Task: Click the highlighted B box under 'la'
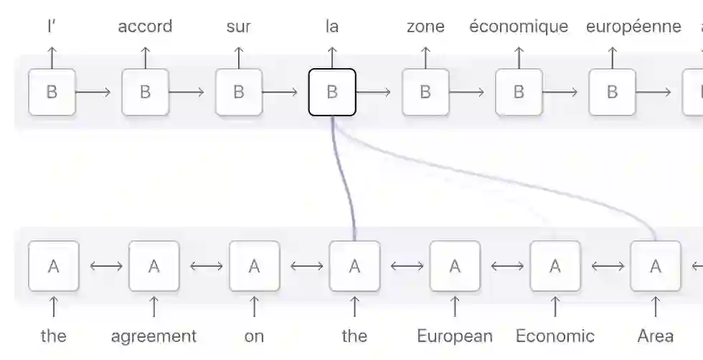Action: click(x=332, y=92)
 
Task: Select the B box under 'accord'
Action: click(x=145, y=92)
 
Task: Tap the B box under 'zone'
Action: click(x=425, y=92)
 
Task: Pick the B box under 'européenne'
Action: click(x=612, y=92)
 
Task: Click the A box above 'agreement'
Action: click(x=154, y=266)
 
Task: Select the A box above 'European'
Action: click(x=455, y=266)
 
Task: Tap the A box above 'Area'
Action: click(x=655, y=266)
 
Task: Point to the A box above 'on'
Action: click(x=254, y=266)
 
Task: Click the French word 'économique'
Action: click(x=519, y=27)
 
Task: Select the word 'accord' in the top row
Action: click(x=145, y=27)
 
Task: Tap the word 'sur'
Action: click(x=238, y=27)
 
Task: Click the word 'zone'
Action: click(x=425, y=27)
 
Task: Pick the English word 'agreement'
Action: click(x=154, y=336)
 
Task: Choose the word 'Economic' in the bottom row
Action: click(x=555, y=336)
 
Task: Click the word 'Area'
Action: click(x=655, y=336)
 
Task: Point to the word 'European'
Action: click(x=455, y=336)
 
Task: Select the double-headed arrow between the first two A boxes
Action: click(x=103, y=266)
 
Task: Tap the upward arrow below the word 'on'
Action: click(x=254, y=307)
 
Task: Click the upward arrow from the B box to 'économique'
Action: click(x=519, y=57)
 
